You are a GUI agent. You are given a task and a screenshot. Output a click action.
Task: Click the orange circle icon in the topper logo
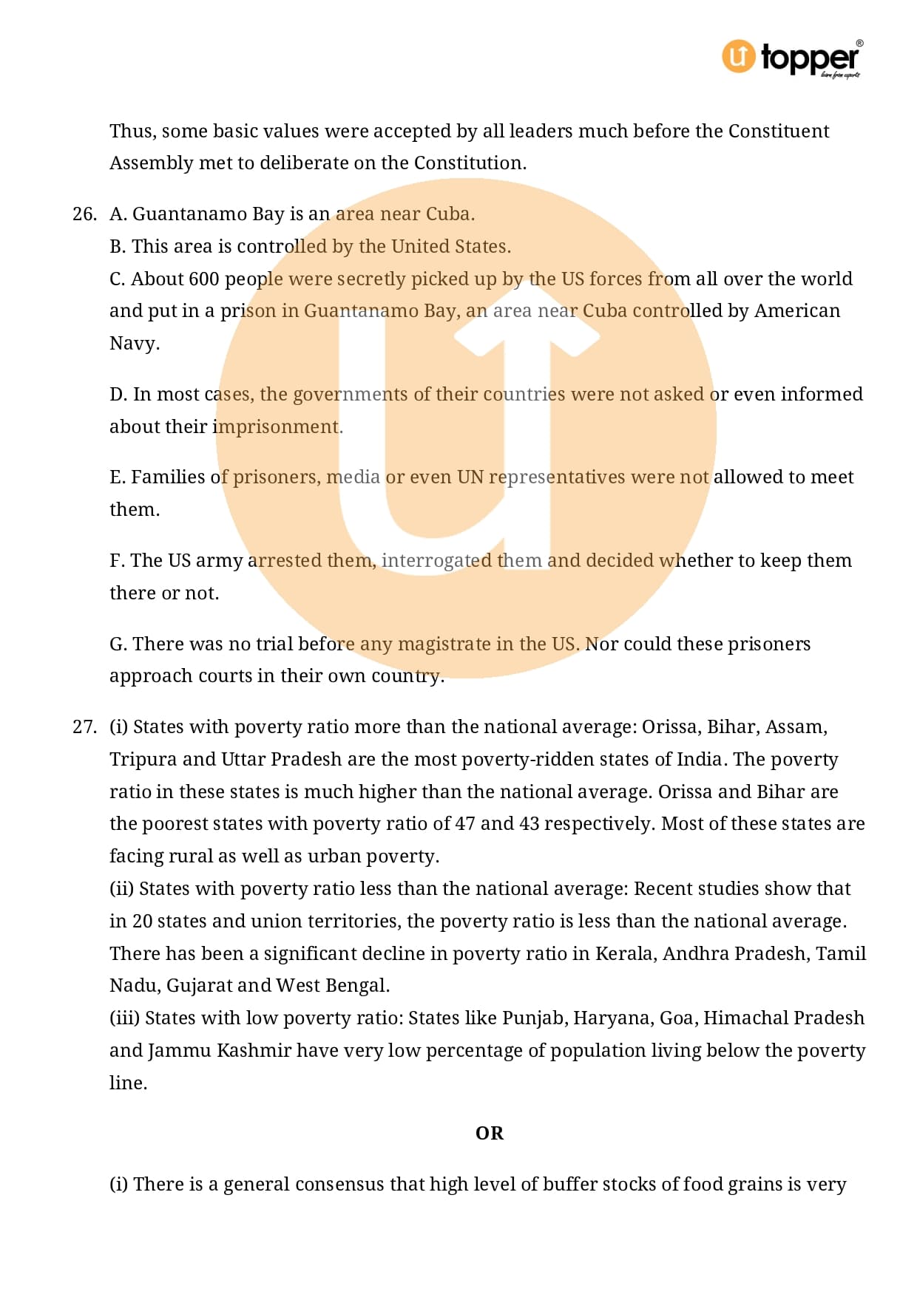point(738,56)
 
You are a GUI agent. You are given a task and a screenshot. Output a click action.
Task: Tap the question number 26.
point(84,214)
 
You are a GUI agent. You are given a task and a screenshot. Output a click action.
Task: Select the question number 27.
point(84,727)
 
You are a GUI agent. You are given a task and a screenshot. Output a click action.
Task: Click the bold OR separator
point(489,1133)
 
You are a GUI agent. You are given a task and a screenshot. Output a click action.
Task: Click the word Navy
point(134,344)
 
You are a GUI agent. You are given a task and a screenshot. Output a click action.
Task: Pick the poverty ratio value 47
point(465,824)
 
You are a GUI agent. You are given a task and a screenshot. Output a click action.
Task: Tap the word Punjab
point(534,1018)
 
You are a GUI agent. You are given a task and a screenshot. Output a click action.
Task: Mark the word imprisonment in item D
point(277,427)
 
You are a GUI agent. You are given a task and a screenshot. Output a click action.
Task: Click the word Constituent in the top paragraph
point(778,132)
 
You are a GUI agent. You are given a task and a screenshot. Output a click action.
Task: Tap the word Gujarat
point(199,986)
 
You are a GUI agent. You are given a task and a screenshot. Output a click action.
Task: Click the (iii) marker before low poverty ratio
point(124,1018)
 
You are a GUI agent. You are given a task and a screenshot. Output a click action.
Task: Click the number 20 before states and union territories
point(142,922)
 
